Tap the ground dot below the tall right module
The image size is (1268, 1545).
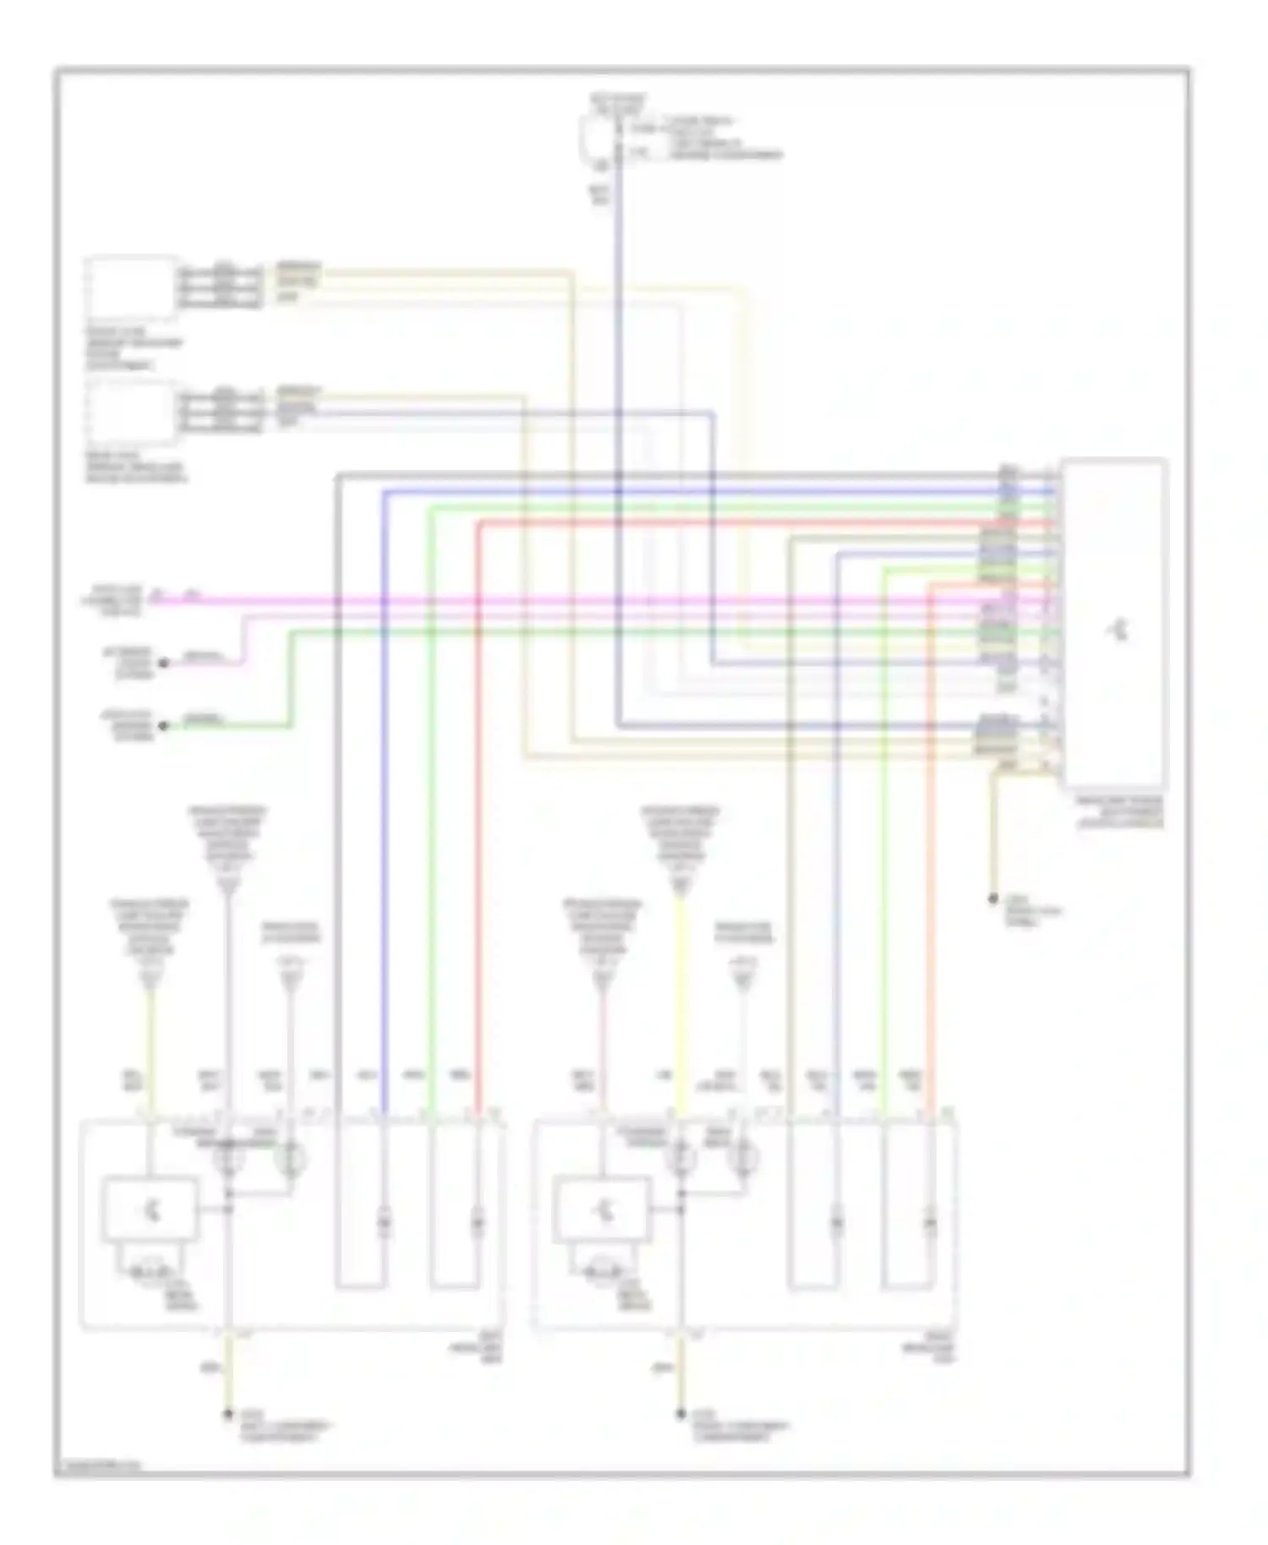(x=994, y=899)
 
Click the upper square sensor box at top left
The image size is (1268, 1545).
(x=132, y=288)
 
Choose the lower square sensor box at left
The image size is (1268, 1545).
(x=132, y=412)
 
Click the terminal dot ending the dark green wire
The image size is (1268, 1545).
(x=164, y=725)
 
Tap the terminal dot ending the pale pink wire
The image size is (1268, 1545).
(x=164, y=663)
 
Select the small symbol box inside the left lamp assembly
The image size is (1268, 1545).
(x=150, y=1210)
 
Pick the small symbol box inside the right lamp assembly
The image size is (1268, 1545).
(x=601, y=1210)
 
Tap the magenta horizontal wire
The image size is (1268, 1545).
(x=592, y=602)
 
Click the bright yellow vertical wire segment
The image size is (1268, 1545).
(x=678, y=1014)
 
